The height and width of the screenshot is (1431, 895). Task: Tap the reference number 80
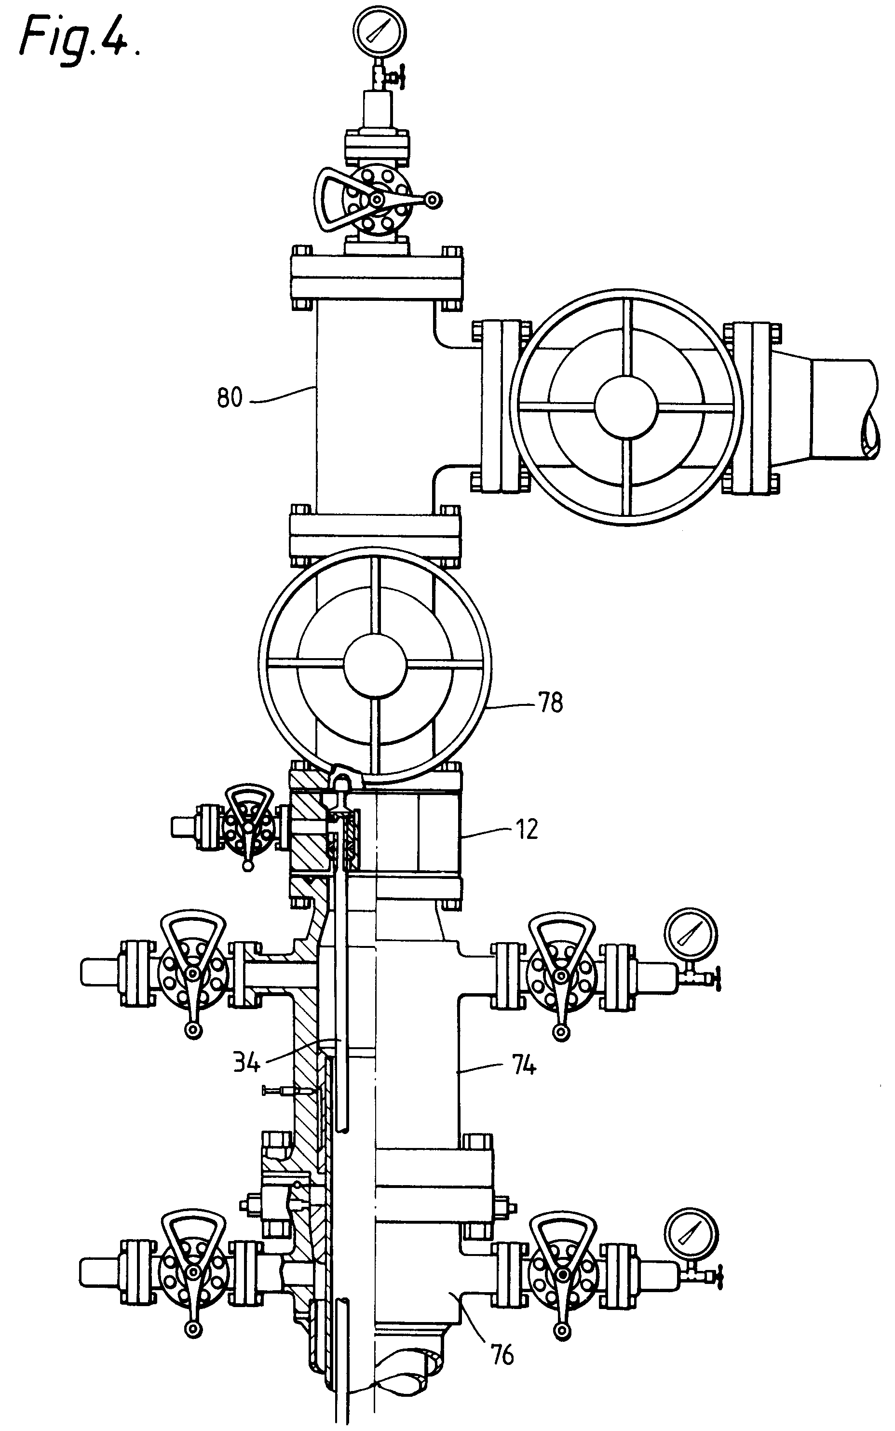pyautogui.click(x=230, y=398)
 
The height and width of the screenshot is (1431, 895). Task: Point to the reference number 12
pyautogui.click(x=526, y=829)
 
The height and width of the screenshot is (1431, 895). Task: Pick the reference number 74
pyautogui.click(x=523, y=1066)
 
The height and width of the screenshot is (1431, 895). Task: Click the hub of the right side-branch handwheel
pyautogui.click(x=626, y=408)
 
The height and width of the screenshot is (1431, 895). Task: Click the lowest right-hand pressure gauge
pyautogui.click(x=690, y=1233)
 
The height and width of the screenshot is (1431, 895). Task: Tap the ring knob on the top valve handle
pyautogui.click(x=434, y=201)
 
